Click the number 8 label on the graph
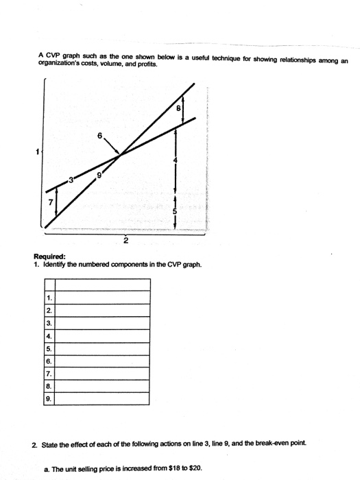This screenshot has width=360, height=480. (x=179, y=108)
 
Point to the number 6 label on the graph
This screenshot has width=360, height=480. (x=100, y=136)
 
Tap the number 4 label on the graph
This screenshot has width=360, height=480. (x=176, y=160)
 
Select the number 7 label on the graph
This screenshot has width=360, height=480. (x=49, y=204)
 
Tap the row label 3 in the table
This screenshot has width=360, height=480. (x=49, y=322)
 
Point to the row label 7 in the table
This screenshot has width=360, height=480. (x=49, y=373)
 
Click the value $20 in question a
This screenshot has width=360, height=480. (x=195, y=469)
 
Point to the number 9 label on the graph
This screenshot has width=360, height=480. (x=100, y=175)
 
